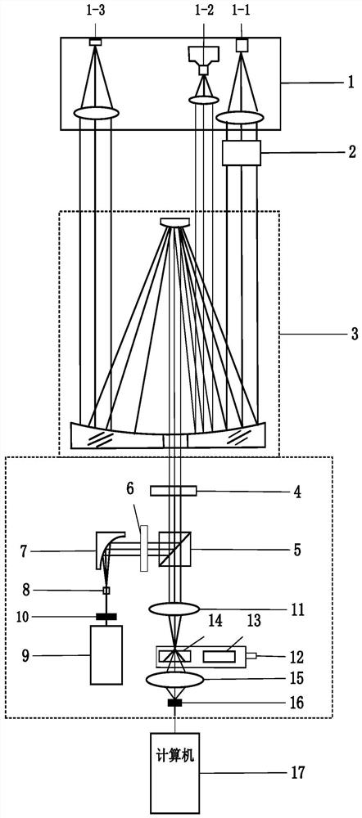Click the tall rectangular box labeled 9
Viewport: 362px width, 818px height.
[x=106, y=654]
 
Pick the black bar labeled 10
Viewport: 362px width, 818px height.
[x=106, y=617]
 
